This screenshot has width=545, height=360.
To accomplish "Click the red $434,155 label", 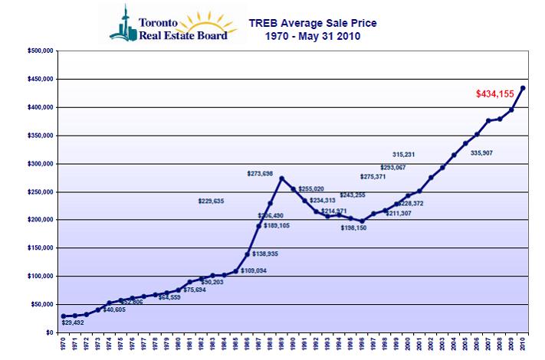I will click(496, 95).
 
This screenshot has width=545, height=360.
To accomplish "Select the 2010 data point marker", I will click(523, 87).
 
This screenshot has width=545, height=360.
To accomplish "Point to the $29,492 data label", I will click(73, 322).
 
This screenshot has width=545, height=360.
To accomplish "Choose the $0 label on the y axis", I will click(48, 332).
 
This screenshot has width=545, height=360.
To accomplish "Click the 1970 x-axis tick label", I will click(63, 346).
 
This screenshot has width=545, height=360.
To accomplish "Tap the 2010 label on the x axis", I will click(523, 346).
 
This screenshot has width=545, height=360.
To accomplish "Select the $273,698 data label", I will click(260, 173).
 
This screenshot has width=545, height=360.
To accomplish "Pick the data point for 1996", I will click(362, 220).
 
